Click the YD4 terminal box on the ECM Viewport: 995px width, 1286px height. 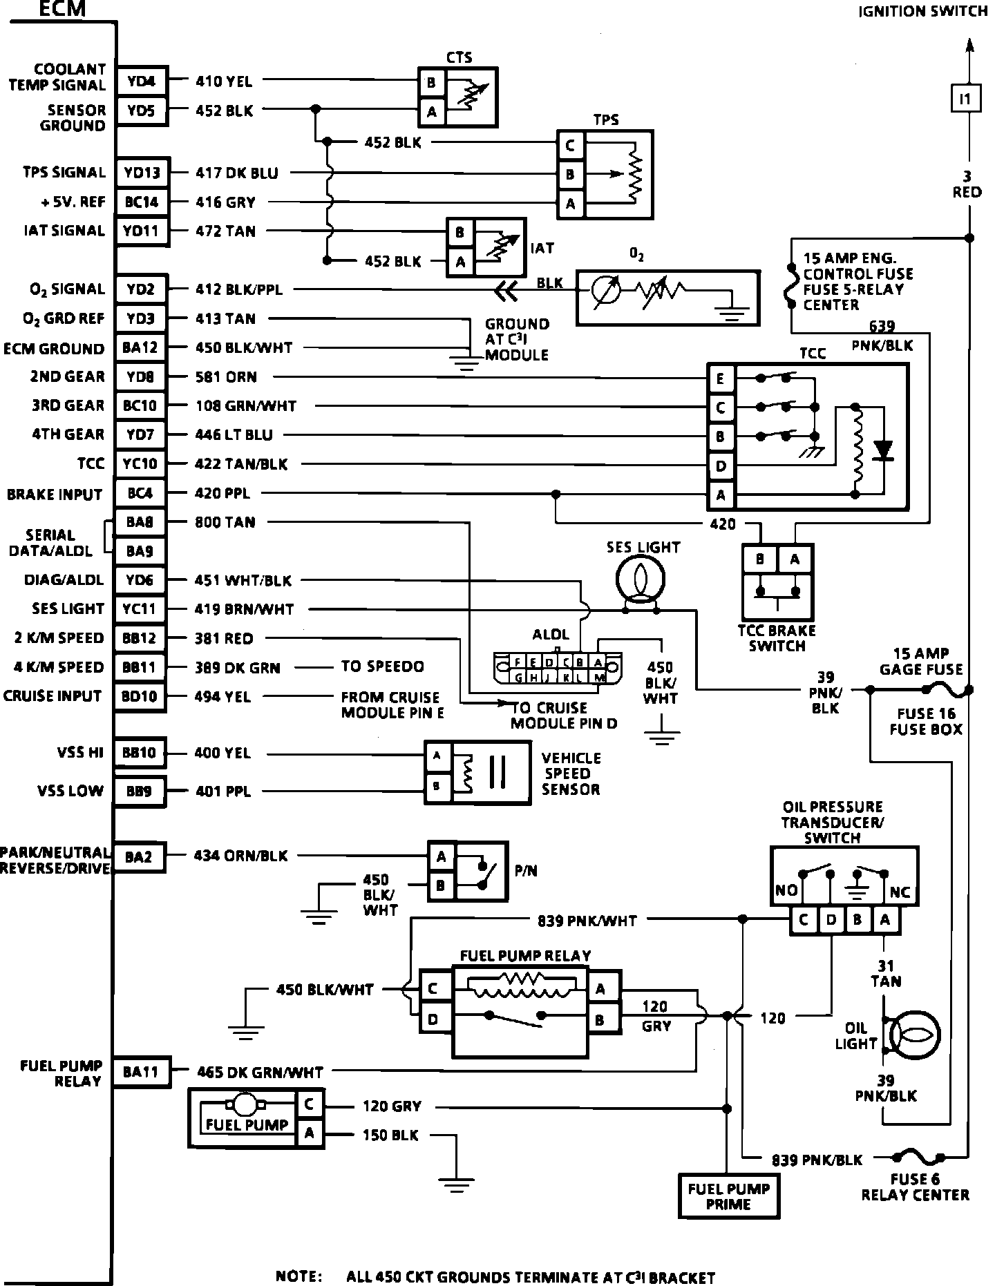click(x=142, y=82)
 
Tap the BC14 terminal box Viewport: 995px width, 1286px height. click(x=142, y=202)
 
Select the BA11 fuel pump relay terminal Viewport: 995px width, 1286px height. click(x=141, y=1072)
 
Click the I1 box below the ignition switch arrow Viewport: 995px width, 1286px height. click(x=965, y=99)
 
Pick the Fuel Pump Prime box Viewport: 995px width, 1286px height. click(x=728, y=1196)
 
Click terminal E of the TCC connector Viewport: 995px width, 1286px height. click(x=721, y=378)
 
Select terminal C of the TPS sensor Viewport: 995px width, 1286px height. click(x=570, y=146)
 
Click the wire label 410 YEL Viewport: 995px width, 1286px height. click(x=225, y=81)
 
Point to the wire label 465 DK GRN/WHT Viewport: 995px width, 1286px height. click(x=260, y=1073)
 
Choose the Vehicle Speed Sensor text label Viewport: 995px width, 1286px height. click(x=571, y=774)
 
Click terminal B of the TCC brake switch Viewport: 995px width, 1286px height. click(x=760, y=559)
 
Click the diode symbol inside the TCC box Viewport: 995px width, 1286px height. click(x=882, y=450)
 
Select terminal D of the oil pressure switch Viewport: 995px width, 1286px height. click(x=831, y=920)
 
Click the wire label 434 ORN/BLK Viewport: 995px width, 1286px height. click(x=240, y=856)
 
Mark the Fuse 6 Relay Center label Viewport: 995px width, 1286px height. click(x=915, y=1187)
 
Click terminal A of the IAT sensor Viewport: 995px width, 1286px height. click(x=460, y=262)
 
